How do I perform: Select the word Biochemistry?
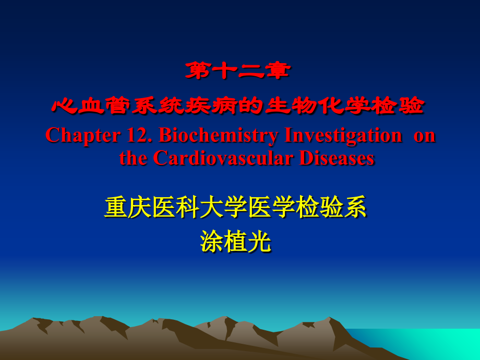[x=219, y=136]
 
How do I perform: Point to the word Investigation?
[x=343, y=136]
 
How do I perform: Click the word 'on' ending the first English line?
[x=424, y=136]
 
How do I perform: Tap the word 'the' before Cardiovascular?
[x=133, y=158]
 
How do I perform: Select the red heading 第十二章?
[x=237, y=71]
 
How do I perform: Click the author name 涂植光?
[x=236, y=242]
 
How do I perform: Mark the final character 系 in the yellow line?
[x=356, y=208]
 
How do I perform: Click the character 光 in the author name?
[x=260, y=242]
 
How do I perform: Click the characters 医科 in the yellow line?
[x=176, y=208]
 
